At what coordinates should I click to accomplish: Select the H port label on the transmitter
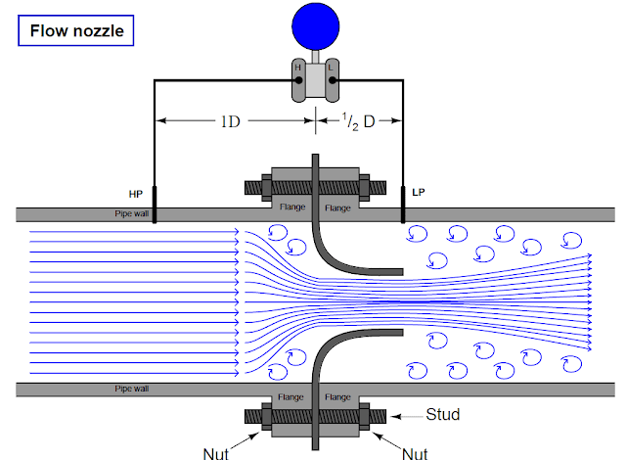coord(298,67)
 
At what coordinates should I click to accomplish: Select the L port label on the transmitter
coord(329,67)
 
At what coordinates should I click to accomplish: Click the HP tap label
coord(136,195)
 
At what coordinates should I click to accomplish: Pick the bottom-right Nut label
coord(415,451)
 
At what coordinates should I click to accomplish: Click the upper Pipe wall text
coord(128,212)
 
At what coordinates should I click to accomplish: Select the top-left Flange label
coord(291,207)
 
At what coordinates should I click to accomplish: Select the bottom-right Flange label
coord(337,397)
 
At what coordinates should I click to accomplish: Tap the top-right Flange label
coord(337,207)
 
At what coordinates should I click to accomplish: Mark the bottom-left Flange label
coord(291,397)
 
